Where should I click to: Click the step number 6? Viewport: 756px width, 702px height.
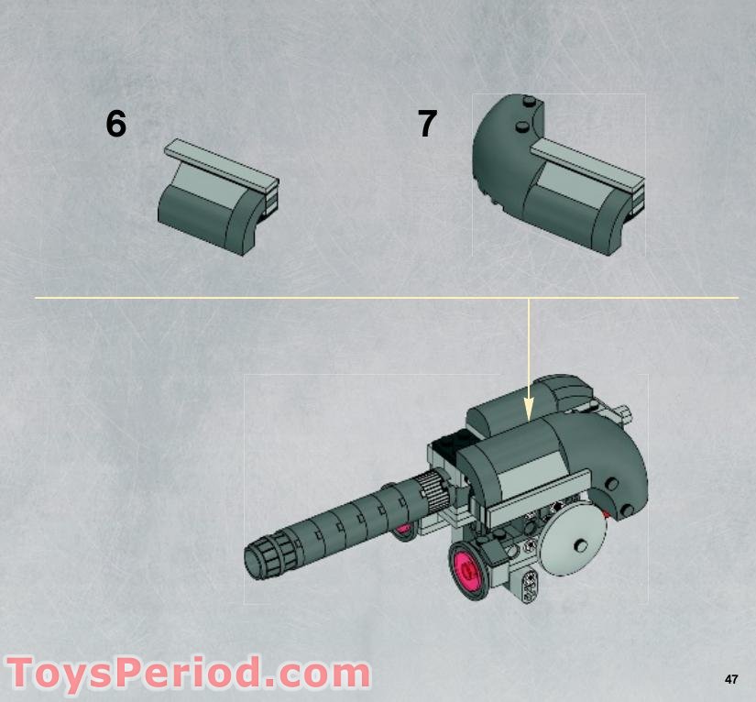click(115, 124)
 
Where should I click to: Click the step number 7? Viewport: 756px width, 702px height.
click(427, 124)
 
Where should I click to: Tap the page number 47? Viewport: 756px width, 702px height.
click(730, 679)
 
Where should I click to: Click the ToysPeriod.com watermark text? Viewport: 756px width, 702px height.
click(188, 675)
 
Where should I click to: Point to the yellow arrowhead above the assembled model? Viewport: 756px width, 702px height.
click(529, 411)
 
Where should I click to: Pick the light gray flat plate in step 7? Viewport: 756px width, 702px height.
click(586, 164)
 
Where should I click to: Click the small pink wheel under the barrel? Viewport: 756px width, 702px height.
click(404, 529)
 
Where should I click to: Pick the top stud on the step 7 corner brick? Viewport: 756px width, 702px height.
click(527, 101)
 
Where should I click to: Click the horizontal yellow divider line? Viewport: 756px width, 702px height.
click(275, 298)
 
